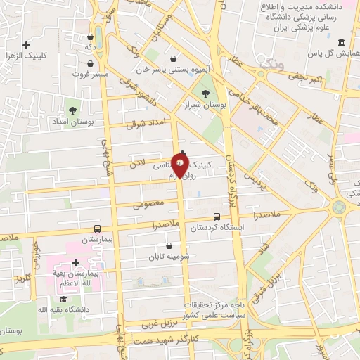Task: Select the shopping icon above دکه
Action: tap(91, 37)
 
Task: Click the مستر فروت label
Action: tap(89, 73)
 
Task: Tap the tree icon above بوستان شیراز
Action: tap(205, 92)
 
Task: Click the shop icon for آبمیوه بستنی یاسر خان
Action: tap(174, 58)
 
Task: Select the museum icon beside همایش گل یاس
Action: tap(342, 42)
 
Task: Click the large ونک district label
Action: tap(270, 65)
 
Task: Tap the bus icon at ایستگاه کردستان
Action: tap(217, 217)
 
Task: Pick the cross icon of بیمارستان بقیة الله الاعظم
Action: tap(75, 262)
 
